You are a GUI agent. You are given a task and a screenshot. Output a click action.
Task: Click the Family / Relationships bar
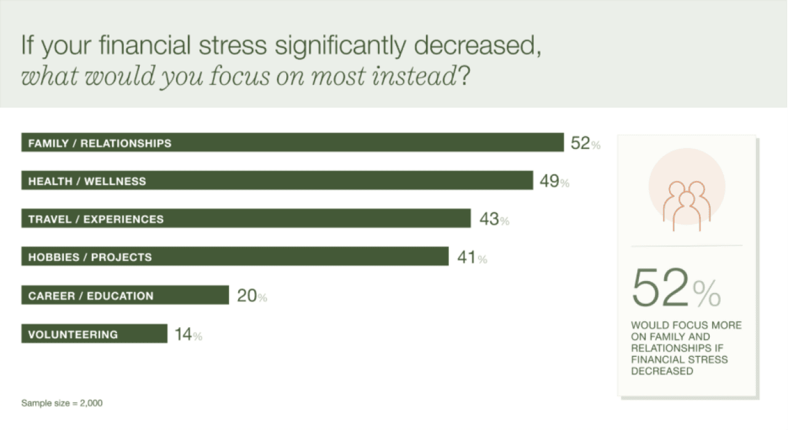coord(292,143)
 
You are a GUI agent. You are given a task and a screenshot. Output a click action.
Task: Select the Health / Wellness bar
coord(277,181)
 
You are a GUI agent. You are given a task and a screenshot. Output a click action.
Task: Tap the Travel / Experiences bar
coord(246,218)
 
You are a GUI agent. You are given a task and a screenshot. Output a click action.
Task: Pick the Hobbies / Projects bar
coord(235,257)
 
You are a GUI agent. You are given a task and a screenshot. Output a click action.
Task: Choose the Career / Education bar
coord(125,295)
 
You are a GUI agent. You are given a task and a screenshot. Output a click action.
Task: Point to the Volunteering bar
coord(94,334)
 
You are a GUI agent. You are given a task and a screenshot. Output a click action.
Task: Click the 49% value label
coord(555,181)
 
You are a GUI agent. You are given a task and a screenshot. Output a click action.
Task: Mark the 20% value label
coord(252,296)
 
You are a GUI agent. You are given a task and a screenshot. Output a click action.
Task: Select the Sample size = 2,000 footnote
coord(62,404)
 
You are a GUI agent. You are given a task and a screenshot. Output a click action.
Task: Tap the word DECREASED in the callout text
coord(662,372)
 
